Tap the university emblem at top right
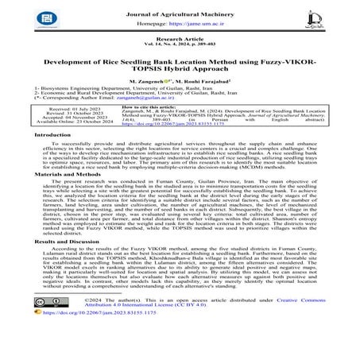(334, 21)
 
